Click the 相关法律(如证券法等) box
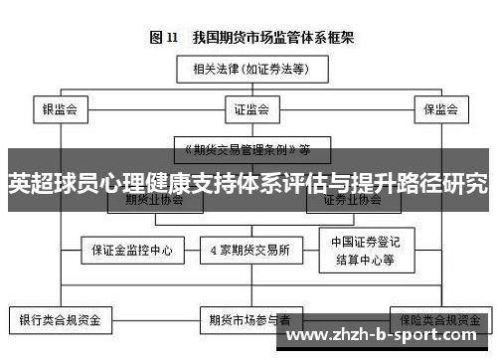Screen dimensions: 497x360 (248, 69)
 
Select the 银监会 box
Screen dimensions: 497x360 (60, 107)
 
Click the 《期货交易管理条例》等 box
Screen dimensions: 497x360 (248, 149)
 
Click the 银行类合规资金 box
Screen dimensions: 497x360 (61, 321)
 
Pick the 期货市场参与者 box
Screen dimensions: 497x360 (249, 321)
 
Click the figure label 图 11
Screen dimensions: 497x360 (164, 38)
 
